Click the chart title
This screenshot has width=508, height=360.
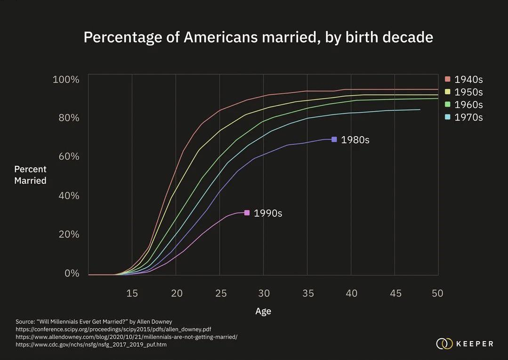pos(258,37)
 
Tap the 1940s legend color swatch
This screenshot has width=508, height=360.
pos(447,79)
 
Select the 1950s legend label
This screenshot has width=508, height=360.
pos(468,92)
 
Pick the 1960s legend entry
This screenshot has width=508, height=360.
pos(468,105)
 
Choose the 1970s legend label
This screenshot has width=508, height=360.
pos(468,117)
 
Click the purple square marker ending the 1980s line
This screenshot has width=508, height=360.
pos(334,139)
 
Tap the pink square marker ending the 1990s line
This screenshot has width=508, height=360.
pos(247,213)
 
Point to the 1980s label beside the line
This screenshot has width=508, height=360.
pos(355,140)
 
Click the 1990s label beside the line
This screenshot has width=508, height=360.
pos(268,213)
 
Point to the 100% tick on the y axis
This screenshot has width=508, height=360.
pos(66,79)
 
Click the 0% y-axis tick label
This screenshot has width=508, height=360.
pos(72,273)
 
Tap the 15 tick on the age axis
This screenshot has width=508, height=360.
pos(132,294)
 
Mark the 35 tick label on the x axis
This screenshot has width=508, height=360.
pos(307,294)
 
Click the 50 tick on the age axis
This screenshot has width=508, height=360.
pos(437,294)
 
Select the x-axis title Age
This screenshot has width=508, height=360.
pos(263,311)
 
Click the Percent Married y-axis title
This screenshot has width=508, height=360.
pos(30,175)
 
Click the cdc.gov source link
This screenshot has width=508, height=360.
pos(91,345)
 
